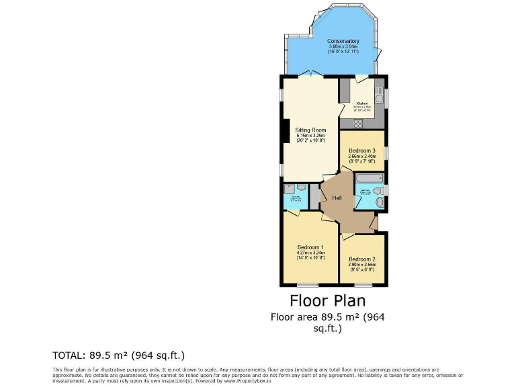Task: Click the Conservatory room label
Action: [343, 41]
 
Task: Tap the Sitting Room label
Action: [310, 130]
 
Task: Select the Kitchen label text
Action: [362, 103]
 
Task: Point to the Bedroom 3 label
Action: [361, 150]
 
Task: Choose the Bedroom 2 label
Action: [362, 259]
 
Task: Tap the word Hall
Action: [337, 198]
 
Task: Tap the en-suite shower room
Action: [295, 196]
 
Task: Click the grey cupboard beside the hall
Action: [315, 196]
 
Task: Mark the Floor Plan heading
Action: [327, 299]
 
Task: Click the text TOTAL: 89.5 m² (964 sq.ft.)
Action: [118, 355]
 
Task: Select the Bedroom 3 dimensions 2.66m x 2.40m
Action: [362, 157]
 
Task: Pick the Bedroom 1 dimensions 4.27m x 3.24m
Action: [310, 253]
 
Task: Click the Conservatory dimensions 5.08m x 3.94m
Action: [343, 46]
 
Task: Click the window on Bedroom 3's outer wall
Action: [386, 150]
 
